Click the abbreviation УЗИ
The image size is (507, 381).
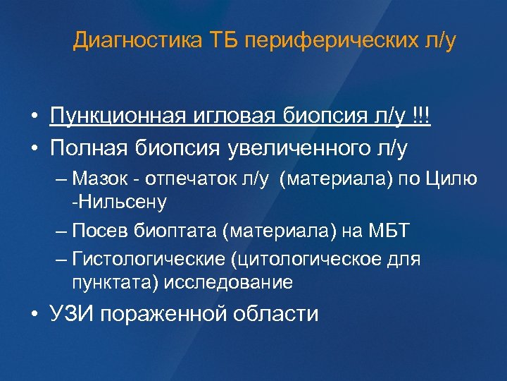coord(73,313)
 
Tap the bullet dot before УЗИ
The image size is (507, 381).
coord(35,314)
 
